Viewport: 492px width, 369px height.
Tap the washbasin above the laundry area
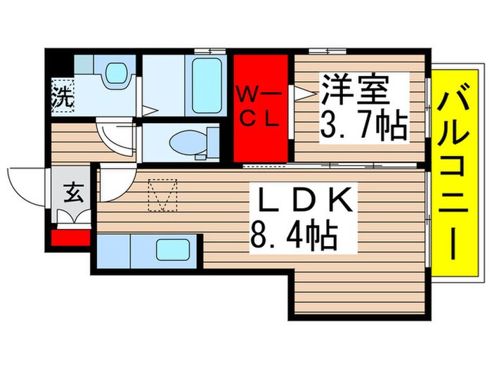click(x=112, y=74)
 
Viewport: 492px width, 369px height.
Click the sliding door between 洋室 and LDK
click(x=330, y=166)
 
